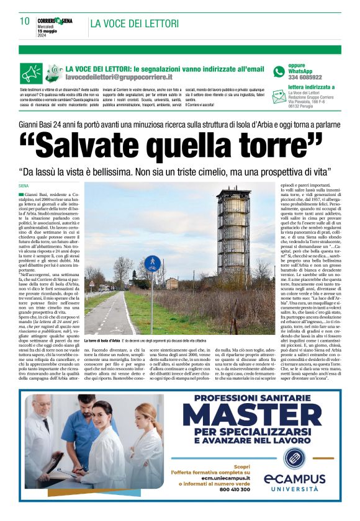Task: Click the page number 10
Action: (25, 21)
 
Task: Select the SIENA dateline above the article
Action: (24, 185)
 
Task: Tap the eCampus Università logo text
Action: (294, 480)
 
